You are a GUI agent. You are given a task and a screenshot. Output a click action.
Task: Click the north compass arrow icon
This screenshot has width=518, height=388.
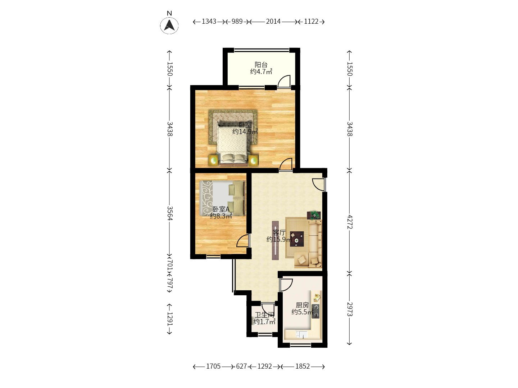169,26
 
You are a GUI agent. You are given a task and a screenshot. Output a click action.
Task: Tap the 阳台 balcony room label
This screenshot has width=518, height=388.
261,68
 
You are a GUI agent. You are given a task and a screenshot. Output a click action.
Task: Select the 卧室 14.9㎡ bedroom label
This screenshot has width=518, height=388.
245,128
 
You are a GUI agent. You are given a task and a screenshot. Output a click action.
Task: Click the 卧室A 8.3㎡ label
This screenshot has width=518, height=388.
221,212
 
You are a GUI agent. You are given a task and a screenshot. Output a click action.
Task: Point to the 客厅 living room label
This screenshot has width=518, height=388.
279,236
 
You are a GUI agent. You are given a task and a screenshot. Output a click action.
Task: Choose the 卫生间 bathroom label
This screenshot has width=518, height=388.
264,318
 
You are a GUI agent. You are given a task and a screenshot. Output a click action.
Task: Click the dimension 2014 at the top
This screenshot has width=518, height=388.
273,22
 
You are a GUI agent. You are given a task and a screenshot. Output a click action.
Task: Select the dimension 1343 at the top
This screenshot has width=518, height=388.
209,22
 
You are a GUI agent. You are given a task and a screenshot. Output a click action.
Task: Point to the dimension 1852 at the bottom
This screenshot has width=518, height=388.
303,366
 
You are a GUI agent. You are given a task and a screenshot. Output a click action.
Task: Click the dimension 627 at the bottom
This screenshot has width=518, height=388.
241,366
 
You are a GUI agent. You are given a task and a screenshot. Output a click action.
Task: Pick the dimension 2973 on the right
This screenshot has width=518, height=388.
349,309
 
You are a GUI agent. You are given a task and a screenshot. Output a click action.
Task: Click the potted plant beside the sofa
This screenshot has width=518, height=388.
315,215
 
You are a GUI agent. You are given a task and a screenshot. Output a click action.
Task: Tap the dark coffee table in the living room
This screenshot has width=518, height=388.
297,239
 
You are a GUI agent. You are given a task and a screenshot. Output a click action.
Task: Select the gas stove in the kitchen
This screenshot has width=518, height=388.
316,311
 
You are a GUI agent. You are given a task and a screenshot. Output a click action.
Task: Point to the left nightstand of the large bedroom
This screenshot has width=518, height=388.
214,160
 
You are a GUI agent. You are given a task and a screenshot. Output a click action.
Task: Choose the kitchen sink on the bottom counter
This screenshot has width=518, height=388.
301,335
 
